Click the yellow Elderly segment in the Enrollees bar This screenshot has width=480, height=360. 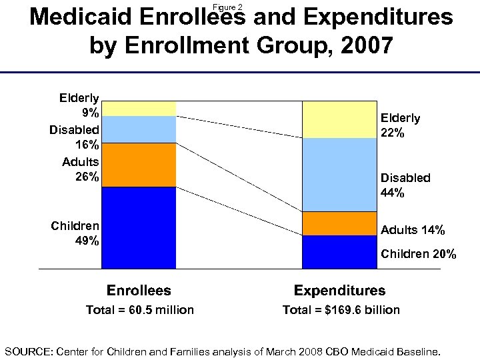click(x=139, y=108)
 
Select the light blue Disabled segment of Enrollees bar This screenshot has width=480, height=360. click(x=139, y=129)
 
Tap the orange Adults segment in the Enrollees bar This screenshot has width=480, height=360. click(x=139, y=165)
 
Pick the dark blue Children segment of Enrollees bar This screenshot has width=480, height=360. click(x=139, y=227)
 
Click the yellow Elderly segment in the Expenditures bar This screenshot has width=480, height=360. click(x=339, y=119)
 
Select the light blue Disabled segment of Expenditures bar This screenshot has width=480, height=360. click(x=339, y=175)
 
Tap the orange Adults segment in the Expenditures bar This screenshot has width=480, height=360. click(x=339, y=223)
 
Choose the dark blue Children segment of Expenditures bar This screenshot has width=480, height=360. click(x=339, y=251)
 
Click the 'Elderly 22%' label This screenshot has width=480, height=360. click(x=400, y=125)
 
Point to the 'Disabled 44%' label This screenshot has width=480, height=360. click(x=405, y=185)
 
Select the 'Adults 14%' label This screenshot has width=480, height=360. click(x=413, y=230)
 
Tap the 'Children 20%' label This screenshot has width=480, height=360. click(x=418, y=254)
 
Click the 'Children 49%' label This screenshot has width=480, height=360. click(x=75, y=233)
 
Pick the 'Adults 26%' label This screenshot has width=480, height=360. click(x=81, y=169)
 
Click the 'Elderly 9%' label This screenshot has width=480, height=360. click(x=79, y=105)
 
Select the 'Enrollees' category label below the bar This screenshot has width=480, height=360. click(x=139, y=291)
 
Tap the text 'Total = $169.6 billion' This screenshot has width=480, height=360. click(x=341, y=310)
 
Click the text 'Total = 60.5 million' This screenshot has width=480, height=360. click(x=140, y=310)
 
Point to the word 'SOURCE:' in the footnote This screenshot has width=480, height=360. click(x=29, y=351)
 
